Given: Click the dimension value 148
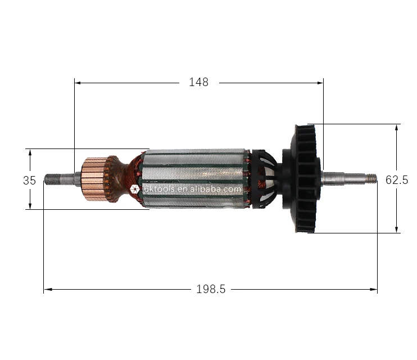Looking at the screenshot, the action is coord(198,82).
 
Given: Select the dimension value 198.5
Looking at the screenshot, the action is coord(211,289).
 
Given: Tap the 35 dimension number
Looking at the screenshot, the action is coord(29,181).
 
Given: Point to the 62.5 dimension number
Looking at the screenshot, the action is coord(397,180).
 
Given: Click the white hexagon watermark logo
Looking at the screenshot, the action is coord(134,190).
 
